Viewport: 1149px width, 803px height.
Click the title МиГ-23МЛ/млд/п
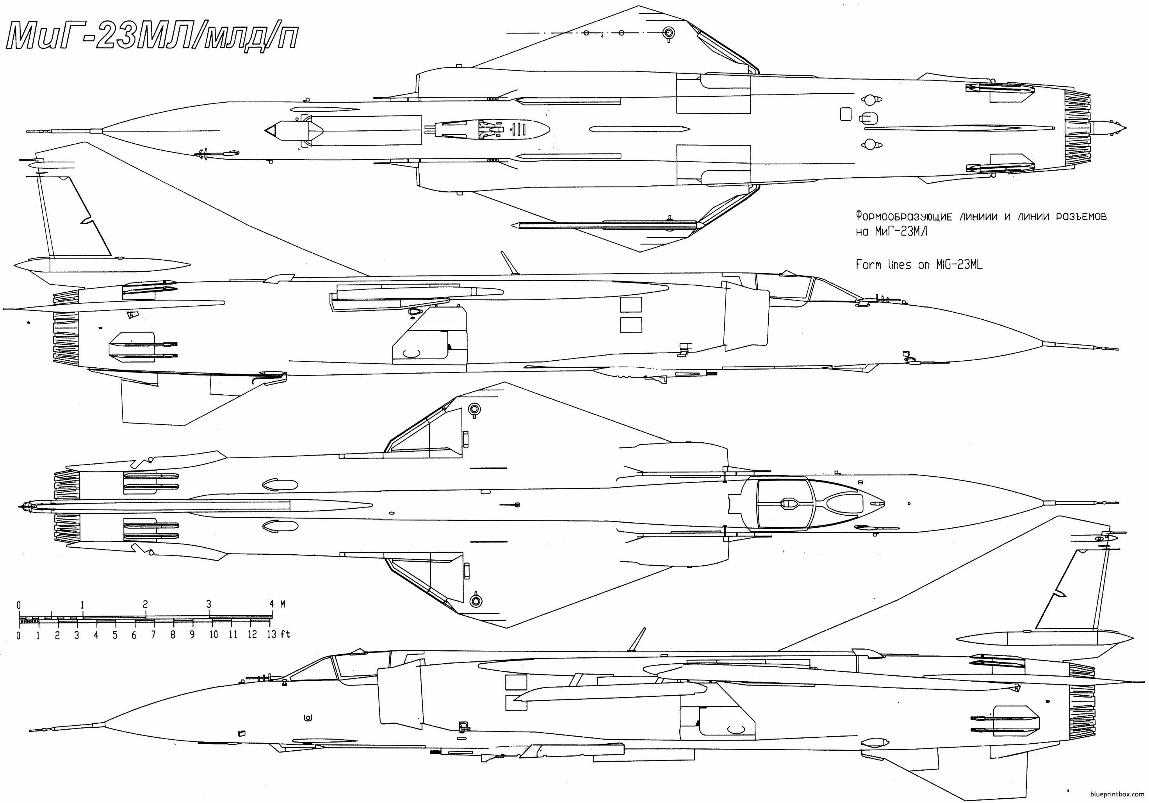point(153,37)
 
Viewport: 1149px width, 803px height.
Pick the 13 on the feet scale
point(272,634)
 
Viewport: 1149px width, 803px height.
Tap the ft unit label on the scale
point(285,634)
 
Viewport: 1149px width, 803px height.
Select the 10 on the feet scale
point(213,634)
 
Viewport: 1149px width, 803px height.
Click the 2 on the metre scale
point(146,604)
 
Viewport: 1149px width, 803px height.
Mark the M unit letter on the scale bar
point(283,604)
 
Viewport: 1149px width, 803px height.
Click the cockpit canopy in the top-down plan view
point(811,504)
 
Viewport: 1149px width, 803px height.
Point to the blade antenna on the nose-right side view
point(510,263)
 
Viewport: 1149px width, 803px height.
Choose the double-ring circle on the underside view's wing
point(668,33)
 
